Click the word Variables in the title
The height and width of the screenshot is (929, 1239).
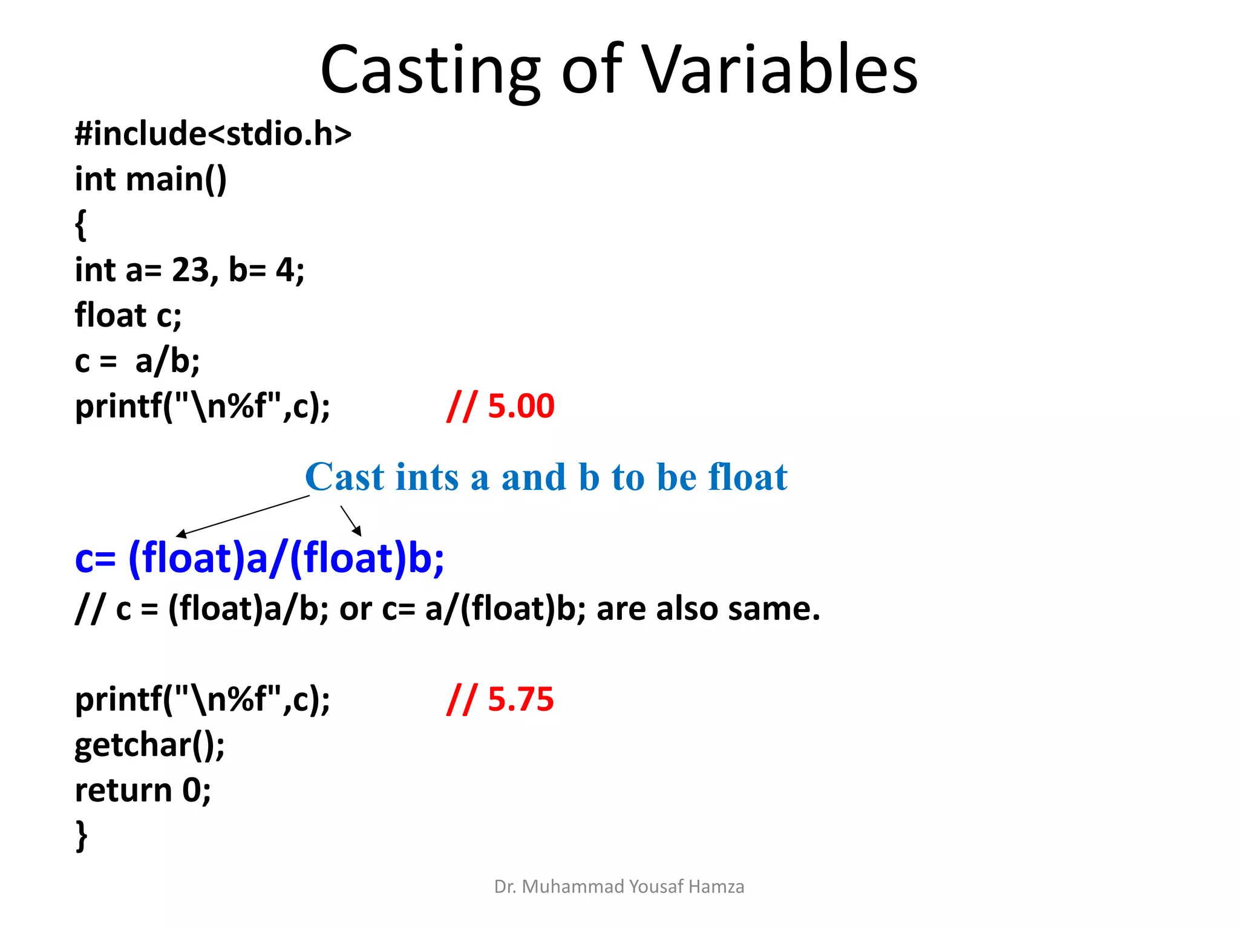point(779,70)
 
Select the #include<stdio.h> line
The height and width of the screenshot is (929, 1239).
point(213,134)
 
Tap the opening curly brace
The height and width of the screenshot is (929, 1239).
point(80,224)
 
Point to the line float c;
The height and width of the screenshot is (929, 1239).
point(128,315)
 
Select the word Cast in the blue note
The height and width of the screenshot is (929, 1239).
point(344,477)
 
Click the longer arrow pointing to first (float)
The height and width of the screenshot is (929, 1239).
point(242,516)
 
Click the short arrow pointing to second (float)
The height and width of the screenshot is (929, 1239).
point(351,521)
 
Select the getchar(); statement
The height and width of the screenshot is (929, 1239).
point(149,745)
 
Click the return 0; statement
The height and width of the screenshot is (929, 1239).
point(143,790)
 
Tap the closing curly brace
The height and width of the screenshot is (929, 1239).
point(81,836)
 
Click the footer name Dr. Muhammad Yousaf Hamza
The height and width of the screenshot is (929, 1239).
point(619,887)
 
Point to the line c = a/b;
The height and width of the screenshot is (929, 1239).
point(137,361)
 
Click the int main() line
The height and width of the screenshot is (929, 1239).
point(151,179)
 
